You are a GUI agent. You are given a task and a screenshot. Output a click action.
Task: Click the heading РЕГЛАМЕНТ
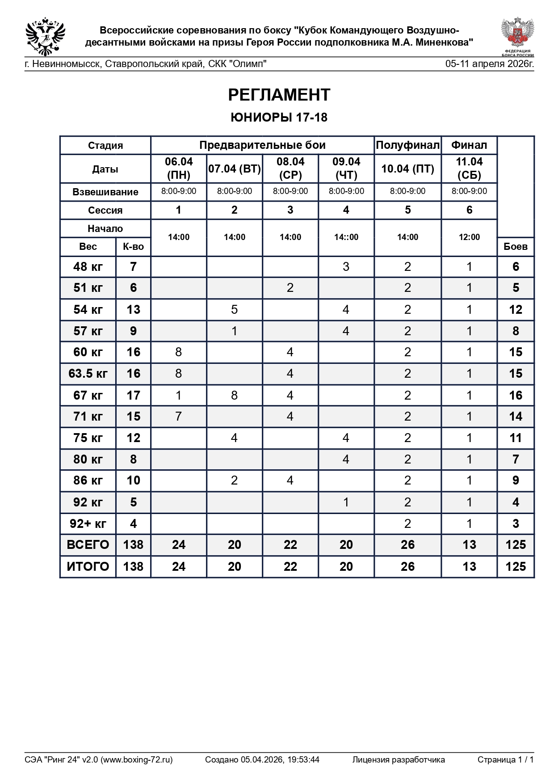point(279,95)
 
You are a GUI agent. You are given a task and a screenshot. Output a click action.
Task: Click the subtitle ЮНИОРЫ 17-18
point(279,118)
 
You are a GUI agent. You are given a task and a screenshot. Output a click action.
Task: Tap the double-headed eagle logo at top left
point(45,36)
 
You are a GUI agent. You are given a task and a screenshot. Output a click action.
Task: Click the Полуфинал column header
point(407,145)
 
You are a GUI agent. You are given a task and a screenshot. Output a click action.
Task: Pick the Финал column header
point(469,145)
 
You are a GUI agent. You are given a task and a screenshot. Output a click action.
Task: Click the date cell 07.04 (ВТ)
point(234,169)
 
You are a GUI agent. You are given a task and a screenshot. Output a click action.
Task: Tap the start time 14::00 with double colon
point(346,237)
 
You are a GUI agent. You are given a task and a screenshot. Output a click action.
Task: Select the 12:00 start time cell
point(469,237)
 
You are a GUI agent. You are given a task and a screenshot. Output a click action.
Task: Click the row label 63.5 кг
point(88,374)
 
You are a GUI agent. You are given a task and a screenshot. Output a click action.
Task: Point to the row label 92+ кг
point(88,523)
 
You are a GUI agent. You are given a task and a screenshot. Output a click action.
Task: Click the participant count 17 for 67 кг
point(133,395)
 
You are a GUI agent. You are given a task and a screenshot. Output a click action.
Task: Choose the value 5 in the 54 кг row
point(234,309)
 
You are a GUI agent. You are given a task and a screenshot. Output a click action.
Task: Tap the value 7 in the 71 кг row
point(178,417)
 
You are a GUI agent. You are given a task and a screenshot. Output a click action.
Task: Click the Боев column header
point(515,247)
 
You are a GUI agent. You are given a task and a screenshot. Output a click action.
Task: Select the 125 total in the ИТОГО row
point(515,566)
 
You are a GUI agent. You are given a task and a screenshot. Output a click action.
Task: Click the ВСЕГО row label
point(88,545)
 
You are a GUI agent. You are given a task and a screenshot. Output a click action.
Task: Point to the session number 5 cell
point(407,210)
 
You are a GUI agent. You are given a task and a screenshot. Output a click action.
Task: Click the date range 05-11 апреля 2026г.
point(489,64)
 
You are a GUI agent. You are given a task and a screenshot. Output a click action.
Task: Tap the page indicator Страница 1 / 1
point(505,759)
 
